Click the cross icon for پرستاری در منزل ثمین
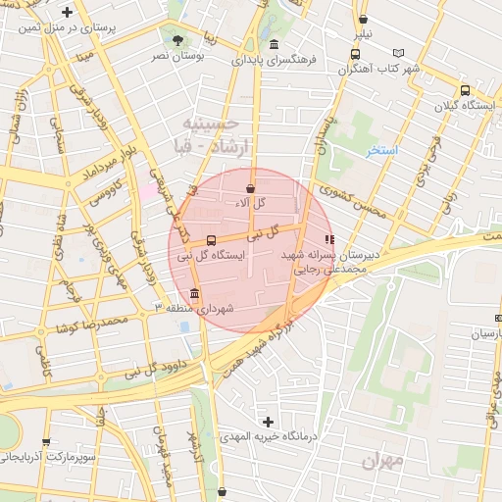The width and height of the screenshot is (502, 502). pyautogui.click(x=67, y=13)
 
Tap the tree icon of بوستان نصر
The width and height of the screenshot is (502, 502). pyautogui.click(x=177, y=40)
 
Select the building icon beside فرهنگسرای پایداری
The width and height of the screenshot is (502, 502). pyautogui.click(x=273, y=45)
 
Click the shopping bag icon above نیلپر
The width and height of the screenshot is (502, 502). pyautogui.click(x=364, y=19)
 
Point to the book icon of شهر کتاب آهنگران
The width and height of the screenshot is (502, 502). pyautogui.click(x=397, y=53)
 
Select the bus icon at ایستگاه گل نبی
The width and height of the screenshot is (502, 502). pyautogui.click(x=212, y=240)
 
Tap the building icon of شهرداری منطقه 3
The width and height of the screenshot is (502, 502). pyautogui.click(x=195, y=294)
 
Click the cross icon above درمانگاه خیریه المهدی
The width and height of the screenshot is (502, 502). pyautogui.click(x=268, y=421)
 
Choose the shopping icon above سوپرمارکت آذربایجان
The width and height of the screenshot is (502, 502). pyautogui.click(x=46, y=442)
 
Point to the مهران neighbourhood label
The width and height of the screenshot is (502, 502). pyautogui.click(x=382, y=460)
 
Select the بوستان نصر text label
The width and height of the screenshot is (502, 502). pyautogui.click(x=178, y=57)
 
